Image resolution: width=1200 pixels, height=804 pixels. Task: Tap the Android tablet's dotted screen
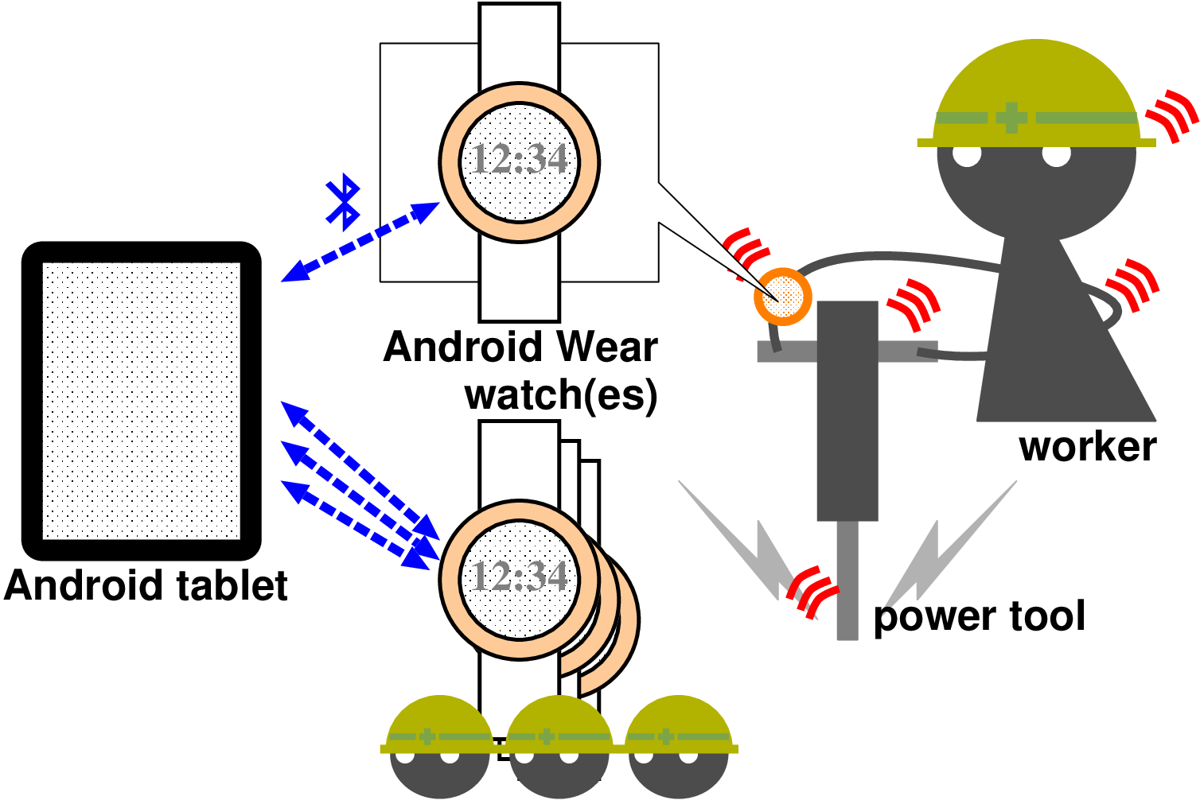pyautogui.click(x=142, y=402)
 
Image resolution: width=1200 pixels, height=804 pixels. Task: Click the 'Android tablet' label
pyautogui.click(x=146, y=586)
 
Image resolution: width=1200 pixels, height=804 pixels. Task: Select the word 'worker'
pyautogui.click(x=1087, y=446)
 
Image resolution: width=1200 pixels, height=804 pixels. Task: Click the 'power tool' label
pyautogui.click(x=979, y=616)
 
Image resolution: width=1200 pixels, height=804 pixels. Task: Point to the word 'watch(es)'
pyautogui.click(x=561, y=394)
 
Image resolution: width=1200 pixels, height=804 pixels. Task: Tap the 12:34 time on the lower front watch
pyautogui.click(x=520, y=577)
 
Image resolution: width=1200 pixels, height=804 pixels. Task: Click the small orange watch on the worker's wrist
pyautogui.click(x=783, y=297)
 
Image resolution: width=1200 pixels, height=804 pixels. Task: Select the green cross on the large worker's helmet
pyautogui.click(x=1011, y=118)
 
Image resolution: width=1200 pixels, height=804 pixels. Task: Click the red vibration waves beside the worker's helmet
pyautogui.click(x=1172, y=116)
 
